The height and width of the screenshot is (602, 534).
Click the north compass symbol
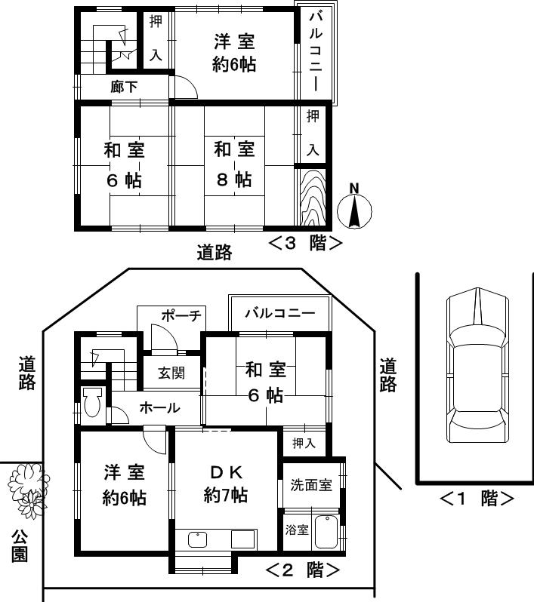[x=354, y=206]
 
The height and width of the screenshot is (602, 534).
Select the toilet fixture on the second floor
[x=92, y=401]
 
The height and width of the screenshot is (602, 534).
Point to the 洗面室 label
[x=311, y=485]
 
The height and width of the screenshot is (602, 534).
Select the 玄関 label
[x=169, y=373]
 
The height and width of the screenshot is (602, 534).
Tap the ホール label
[x=159, y=408]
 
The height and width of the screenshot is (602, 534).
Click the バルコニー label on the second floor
[x=279, y=313]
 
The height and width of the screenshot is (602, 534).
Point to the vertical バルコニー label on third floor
[x=316, y=52]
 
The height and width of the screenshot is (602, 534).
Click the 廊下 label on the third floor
[x=124, y=88]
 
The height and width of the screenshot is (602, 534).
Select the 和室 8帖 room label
[x=233, y=164]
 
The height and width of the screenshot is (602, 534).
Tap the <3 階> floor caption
[x=305, y=243]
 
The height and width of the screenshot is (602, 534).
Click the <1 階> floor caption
[x=477, y=499]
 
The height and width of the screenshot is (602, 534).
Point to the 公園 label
[x=20, y=545]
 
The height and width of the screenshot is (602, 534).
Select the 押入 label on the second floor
[x=304, y=443]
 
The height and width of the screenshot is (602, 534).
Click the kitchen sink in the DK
[x=198, y=540]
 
